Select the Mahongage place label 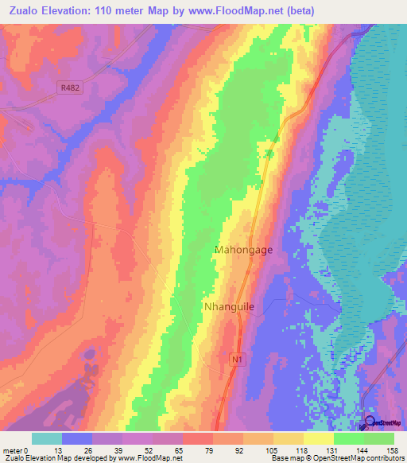[244, 250]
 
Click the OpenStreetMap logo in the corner [382, 423]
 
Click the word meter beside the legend [13, 449]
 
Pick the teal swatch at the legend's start [47, 438]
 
